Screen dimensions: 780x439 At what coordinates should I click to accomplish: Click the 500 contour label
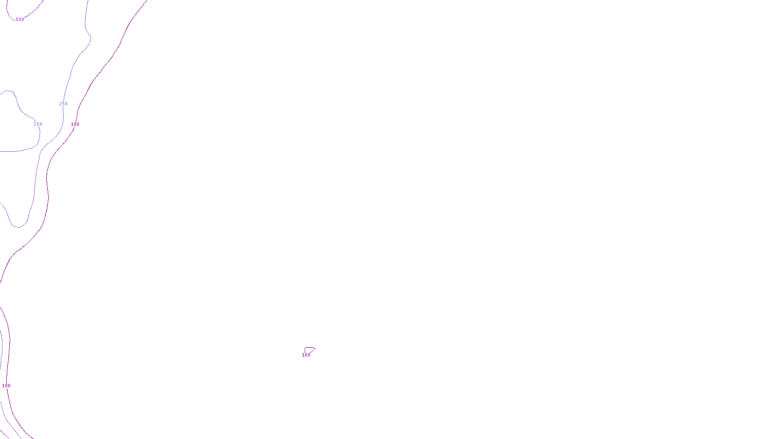pos(19,20)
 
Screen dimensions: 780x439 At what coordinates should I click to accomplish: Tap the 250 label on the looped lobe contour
pos(38,124)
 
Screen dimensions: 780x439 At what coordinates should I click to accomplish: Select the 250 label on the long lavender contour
pos(63,104)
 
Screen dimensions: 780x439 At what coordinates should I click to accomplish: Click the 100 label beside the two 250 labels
pos(75,124)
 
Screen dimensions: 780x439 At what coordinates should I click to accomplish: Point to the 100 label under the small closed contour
pos(306,355)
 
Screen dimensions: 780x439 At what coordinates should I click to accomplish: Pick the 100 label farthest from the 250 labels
pos(6,386)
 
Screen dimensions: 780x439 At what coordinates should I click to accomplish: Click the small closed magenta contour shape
pos(309,350)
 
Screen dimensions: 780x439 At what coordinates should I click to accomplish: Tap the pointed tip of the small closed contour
pos(315,348)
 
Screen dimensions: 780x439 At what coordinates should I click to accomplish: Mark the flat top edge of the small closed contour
pos(309,348)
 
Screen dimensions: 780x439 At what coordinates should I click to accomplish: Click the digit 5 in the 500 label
pos(17,20)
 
